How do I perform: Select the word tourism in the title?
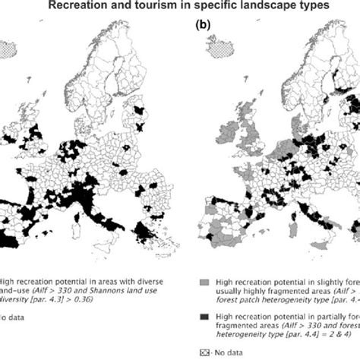coord(156,7)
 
